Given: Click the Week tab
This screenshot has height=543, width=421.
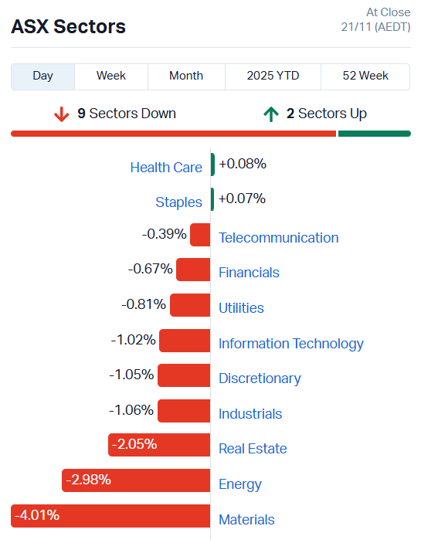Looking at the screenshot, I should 111,76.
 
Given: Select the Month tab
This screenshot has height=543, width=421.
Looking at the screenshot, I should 186,76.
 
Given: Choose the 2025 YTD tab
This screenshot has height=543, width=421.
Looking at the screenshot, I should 273,76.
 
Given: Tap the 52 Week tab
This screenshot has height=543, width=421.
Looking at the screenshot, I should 365,76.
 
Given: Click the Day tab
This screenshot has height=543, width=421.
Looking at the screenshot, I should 43,76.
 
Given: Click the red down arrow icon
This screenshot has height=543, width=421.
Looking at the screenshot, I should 62,114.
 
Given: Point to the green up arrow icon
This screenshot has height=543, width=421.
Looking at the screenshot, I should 270,114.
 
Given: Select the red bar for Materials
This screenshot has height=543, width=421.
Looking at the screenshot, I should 110,516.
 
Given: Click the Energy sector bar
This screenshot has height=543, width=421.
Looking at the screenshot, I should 136,480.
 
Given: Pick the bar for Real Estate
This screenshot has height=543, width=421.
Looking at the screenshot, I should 159,445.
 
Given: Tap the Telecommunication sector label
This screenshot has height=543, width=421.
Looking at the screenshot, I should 278,238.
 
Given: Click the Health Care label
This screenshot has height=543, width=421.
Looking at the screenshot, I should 166,168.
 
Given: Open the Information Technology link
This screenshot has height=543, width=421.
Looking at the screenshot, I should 290,344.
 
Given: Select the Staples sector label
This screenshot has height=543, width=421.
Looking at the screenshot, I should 178,202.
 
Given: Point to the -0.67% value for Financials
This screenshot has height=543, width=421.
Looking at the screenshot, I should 151,269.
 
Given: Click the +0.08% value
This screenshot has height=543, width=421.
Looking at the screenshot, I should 242,164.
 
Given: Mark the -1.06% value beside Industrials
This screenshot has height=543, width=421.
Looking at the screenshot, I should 131,409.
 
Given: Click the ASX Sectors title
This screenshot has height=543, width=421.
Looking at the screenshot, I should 68,26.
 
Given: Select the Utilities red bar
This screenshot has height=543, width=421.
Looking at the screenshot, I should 190,304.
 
